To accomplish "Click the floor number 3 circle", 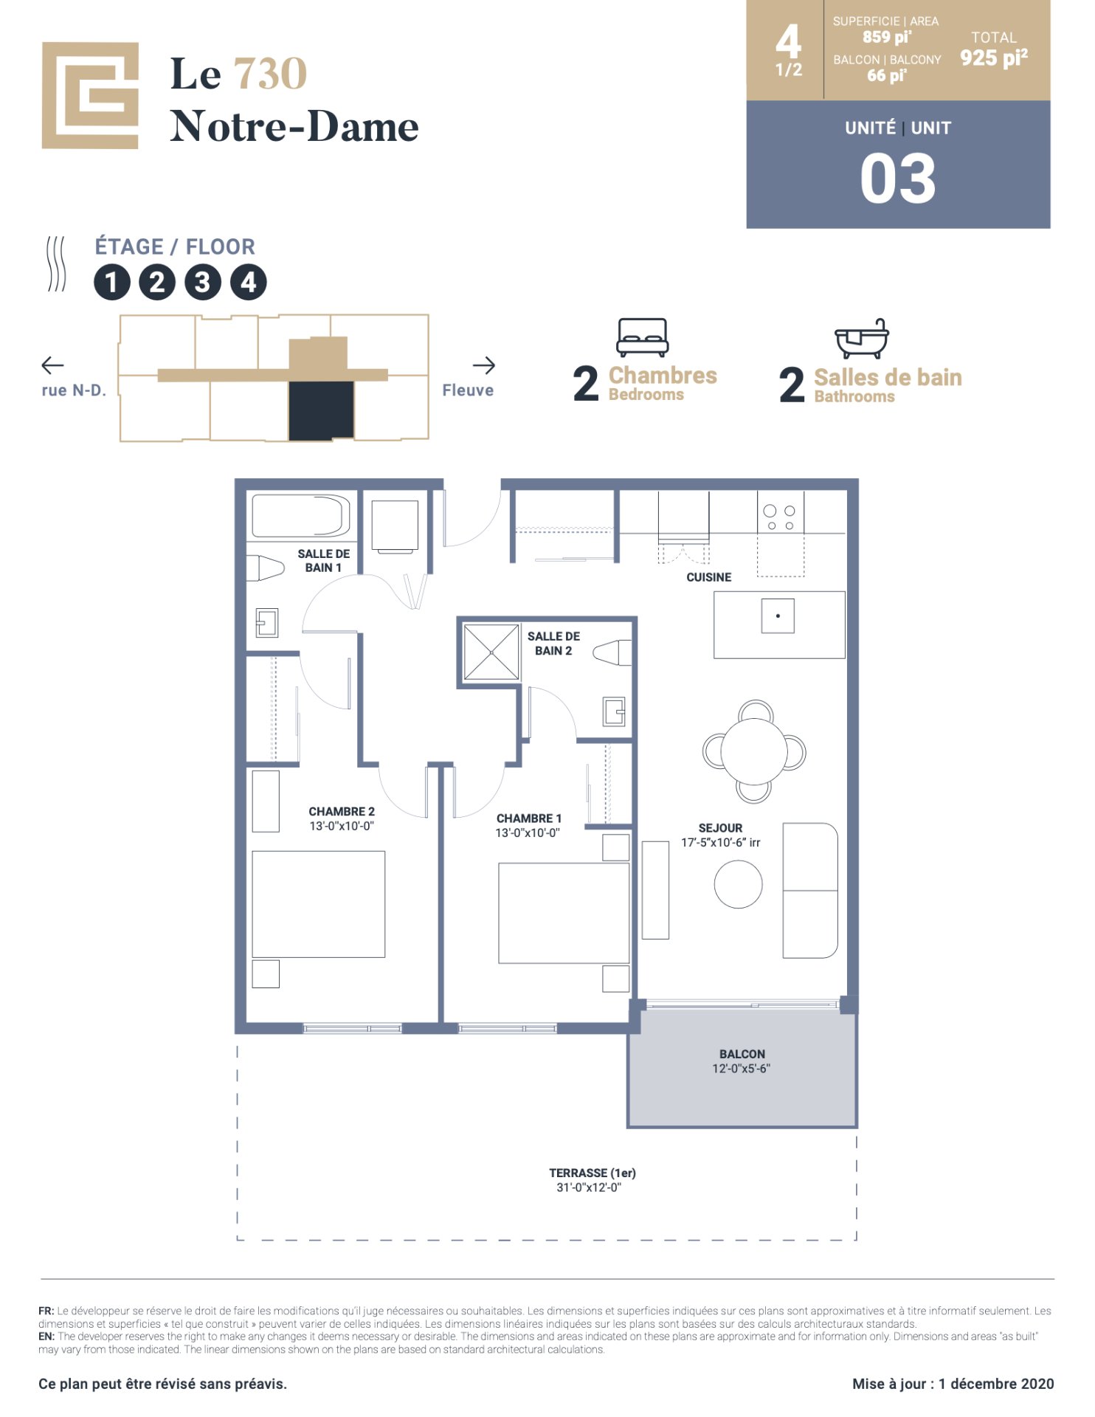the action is pyautogui.click(x=203, y=282).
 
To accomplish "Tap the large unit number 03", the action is pyautogui.click(x=898, y=179).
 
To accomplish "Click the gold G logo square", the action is pyautogui.click(x=90, y=95).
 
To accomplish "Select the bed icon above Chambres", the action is pyautogui.click(x=643, y=337).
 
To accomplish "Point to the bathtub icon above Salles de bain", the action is pyautogui.click(x=861, y=339).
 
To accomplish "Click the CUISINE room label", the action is pyautogui.click(x=708, y=577).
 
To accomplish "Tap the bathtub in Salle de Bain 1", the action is pyautogui.click(x=301, y=515).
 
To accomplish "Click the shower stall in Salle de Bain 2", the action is pyautogui.click(x=491, y=652).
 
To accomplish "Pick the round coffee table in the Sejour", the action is pyautogui.click(x=738, y=884).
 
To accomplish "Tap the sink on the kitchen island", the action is pyautogui.click(x=778, y=616).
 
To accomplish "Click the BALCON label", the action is pyautogui.click(x=742, y=1054).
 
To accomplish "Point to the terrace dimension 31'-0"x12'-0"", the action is pyautogui.click(x=589, y=1187).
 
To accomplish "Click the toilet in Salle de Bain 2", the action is pyautogui.click(x=613, y=652).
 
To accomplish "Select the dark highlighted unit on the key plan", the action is pyautogui.click(x=321, y=411).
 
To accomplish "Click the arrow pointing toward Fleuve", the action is pyautogui.click(x=484, y=365).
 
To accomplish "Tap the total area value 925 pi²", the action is pyautogui.click(x=994, y=58).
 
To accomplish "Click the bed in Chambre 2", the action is pyautogui.click(x=319, y=904).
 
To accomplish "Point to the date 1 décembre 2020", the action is pyautogui.click(x=996, y=1384).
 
